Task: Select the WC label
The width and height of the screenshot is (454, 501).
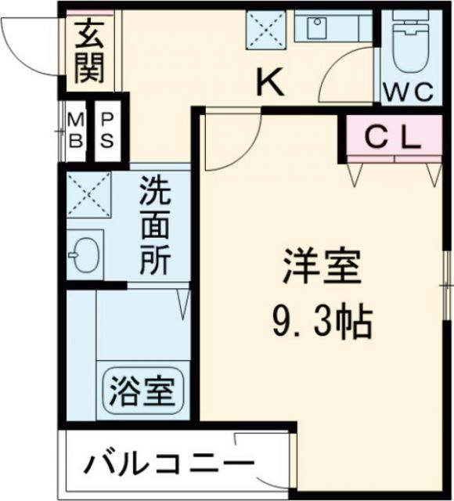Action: (409, 92)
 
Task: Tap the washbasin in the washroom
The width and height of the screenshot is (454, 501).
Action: (85, 254)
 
